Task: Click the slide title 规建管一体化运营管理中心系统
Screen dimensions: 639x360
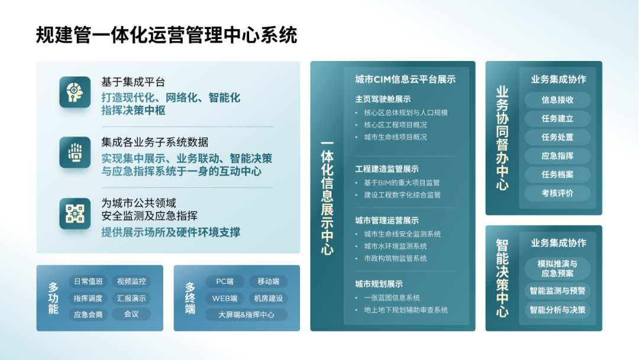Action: (x=167, y=35)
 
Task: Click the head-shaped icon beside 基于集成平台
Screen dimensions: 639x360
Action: (x=75, y=92)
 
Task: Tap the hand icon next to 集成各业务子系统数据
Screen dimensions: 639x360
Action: (x=75, y=153)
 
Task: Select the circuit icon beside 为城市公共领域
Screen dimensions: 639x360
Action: (x=75, y=214)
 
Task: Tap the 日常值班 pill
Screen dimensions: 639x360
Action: (x=88, y=281)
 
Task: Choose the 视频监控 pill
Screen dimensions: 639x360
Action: (x=131, y=281)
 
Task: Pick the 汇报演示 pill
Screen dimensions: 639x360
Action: (x=131, y=298)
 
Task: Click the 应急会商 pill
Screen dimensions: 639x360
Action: (x=88, y=315)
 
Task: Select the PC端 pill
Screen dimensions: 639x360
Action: (x=225, y=281)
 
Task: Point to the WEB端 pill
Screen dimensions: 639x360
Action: (x=225, y=298)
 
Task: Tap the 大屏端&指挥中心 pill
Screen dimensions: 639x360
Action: (x=246, y=315)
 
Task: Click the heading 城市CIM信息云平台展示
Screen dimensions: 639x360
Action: (x=405, y=79)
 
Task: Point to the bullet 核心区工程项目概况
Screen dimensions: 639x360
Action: (x=395, y=125)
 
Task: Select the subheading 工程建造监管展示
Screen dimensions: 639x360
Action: (x=387, y=169)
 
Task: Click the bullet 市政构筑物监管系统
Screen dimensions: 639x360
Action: (x=395, y=259)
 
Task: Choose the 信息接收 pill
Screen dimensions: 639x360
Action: (x=557, y=100)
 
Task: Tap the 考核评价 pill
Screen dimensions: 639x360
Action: (x=557, y=193)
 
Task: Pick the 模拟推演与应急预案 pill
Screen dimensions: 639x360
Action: (x=557, y=269)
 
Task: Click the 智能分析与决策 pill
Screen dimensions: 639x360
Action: (x=557, y=310)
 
